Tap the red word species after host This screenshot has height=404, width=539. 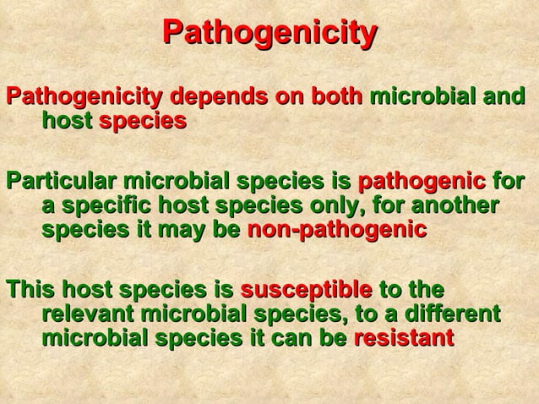(x=143, y=121)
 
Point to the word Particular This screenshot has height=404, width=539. (x=61, y=182)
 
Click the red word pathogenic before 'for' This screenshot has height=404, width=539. (x=421, y=182)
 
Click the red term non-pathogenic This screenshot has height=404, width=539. (x=336, y=231)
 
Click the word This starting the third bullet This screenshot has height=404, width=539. (x=25, y=291)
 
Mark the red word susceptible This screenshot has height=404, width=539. (x=306, y=291)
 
